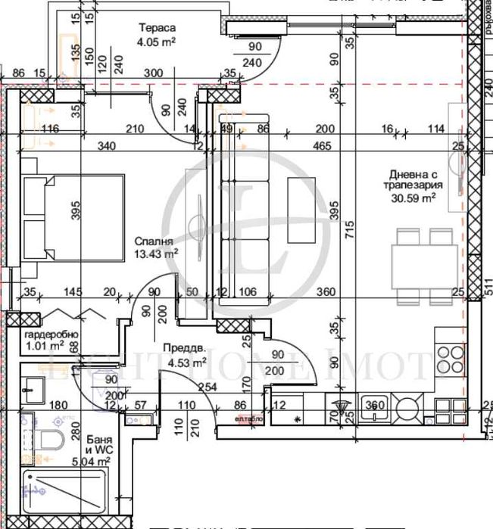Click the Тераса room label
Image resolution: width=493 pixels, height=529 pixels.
pyautogui.click(x=156, y=30)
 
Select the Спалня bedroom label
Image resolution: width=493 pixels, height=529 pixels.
pyautogui.click(x=151, y=241)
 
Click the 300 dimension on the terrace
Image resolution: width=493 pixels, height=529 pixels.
pyautogui.click(x=154, y=73)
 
